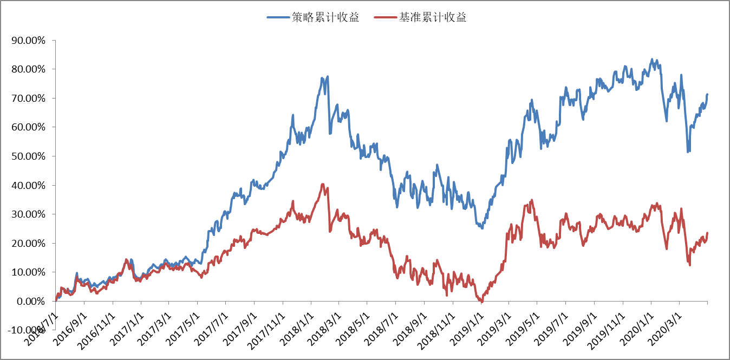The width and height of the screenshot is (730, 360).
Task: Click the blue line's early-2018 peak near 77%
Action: point(328,77)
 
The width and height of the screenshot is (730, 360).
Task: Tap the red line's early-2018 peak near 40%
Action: point(323,185)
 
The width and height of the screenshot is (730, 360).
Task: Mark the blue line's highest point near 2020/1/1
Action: point(652,60)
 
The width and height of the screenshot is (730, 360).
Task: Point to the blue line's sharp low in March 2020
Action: point(688,152)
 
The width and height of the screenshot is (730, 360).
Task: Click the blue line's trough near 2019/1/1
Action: point(482,228)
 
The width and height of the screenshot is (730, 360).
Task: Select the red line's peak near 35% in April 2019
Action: point(532,200)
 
